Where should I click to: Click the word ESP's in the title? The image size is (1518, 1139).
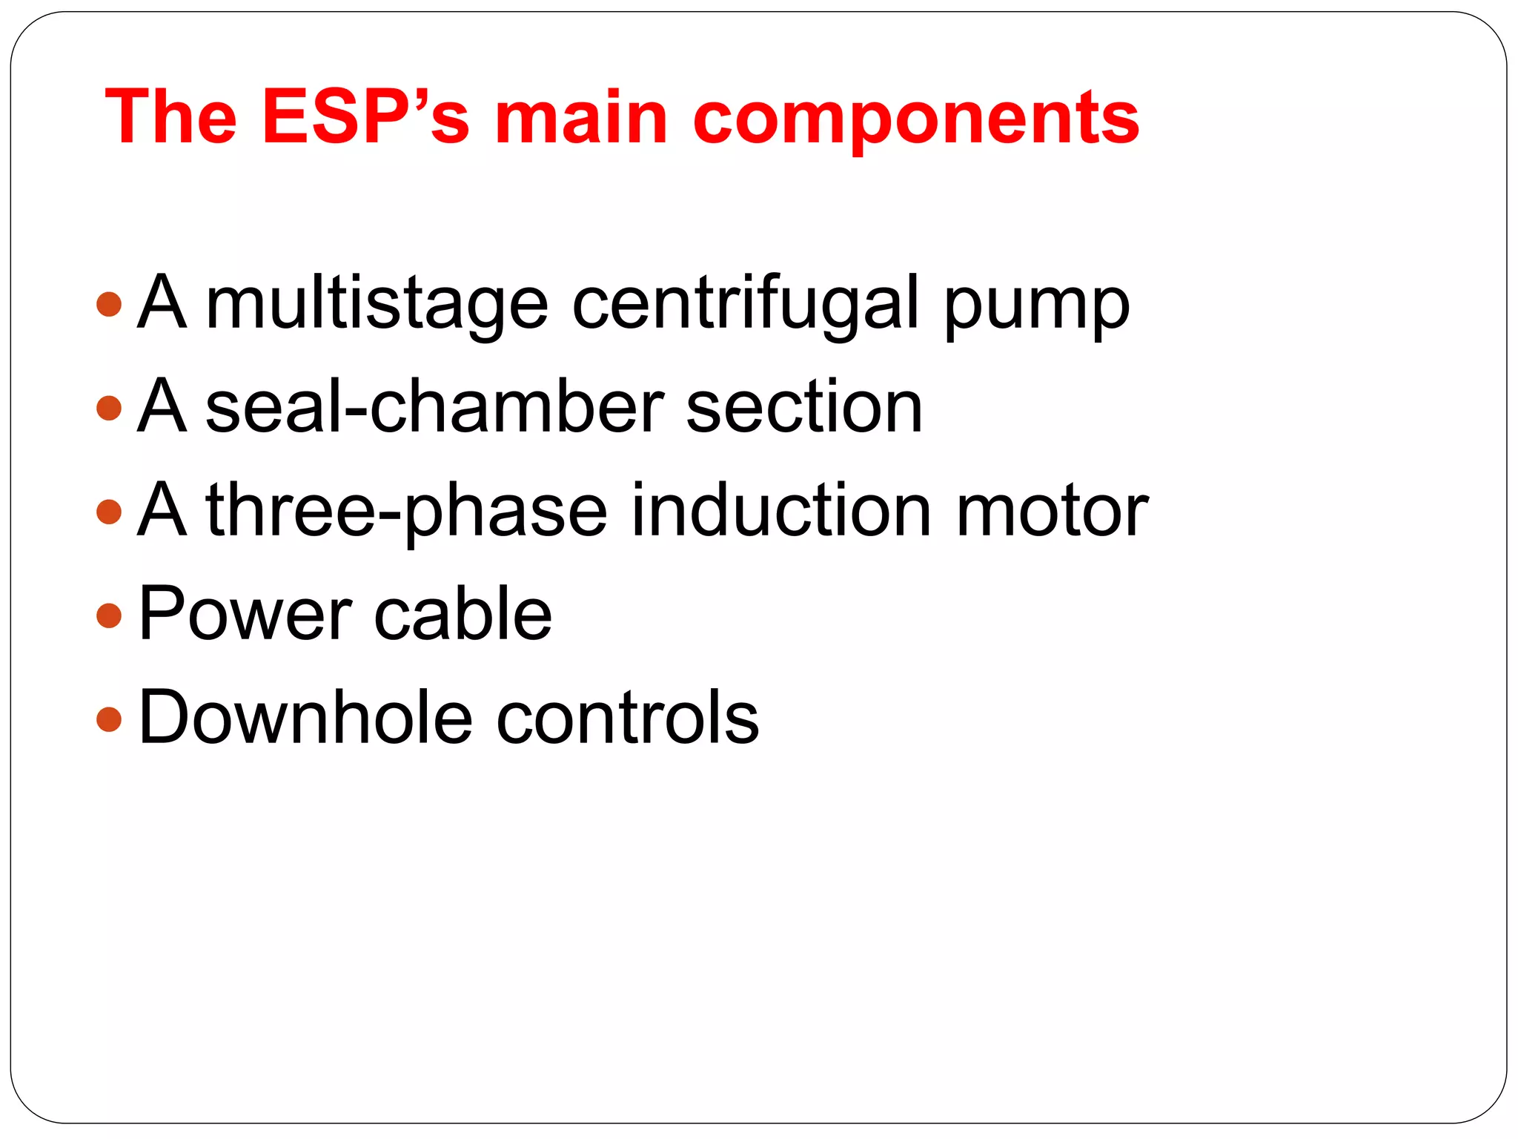[365, 116]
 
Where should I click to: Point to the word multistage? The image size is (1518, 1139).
[377, 304]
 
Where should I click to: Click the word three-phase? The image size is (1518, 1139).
[406, 512]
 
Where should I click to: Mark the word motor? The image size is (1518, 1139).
[1052, 512]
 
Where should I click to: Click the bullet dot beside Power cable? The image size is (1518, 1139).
[109, 615]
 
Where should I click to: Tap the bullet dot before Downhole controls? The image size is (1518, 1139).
[109, 719]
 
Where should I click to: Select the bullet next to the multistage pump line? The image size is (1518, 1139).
[109, 304]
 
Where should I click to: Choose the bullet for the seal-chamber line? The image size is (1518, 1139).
[109, 408]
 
